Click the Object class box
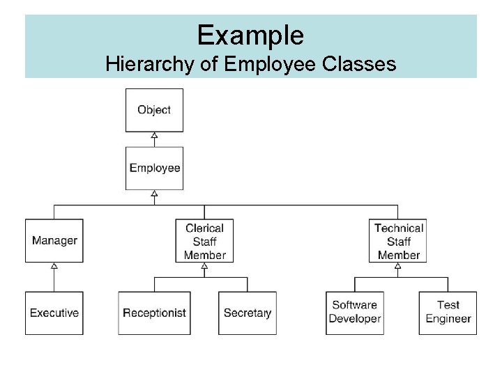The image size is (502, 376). click(154, 110)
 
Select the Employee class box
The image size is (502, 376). click(154, 168)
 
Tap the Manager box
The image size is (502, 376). click(54, 241)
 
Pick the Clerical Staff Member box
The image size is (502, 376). click(204, 241)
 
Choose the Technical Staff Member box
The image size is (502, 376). click(398, 241)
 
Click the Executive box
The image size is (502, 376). click(54, 313)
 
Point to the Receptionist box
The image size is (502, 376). click(154, 313)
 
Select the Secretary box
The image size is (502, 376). click(248, 313)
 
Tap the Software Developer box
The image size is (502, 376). click(355, 313)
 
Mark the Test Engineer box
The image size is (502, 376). click(448, 313)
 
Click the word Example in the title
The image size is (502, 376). click(250, 34)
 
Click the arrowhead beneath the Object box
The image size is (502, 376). click(154, 136)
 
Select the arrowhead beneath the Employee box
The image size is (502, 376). click(154, 194)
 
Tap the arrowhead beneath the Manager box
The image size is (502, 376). click(54, 267)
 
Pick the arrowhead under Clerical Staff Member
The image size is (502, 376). click(204, 267)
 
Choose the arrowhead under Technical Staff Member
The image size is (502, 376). click(398, 267)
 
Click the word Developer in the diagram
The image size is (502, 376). click(355, 319)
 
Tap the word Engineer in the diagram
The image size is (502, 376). click(448, 319)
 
